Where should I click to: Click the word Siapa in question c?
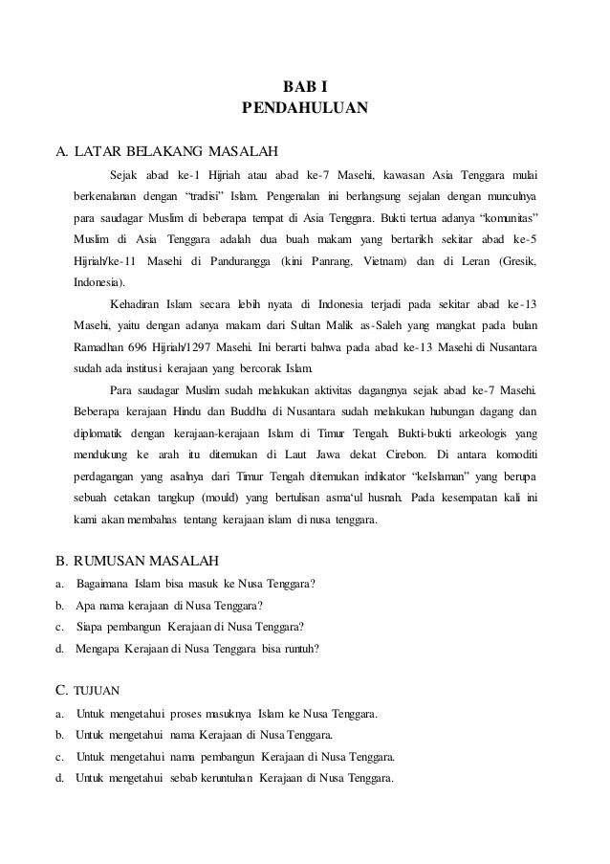[x=88, y=627]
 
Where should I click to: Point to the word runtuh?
[x=300, y=649]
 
